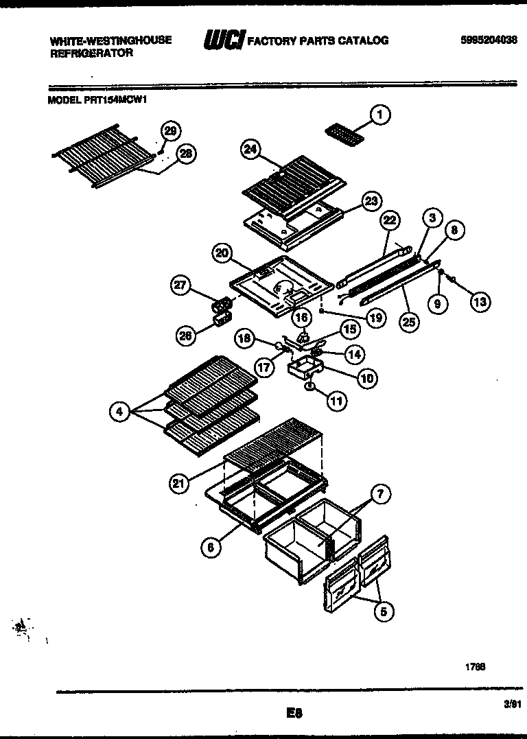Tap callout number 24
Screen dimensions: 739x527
click(x=250, y=150)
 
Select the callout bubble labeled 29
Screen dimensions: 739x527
click(x=170, y=131)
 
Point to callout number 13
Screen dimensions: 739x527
click(x=480, y=301)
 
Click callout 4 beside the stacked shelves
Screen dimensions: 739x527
click(x=120, y=412)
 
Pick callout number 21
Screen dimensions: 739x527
click(x=179, y=484)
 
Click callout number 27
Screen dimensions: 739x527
click(x=182, y=287)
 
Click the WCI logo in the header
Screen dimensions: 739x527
click(x=223, y=41)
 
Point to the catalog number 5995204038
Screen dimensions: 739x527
click(x=489, y=40)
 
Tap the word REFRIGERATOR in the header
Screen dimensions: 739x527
click(x=91, y=53)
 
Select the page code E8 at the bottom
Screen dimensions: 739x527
click(x=294, y=714)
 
